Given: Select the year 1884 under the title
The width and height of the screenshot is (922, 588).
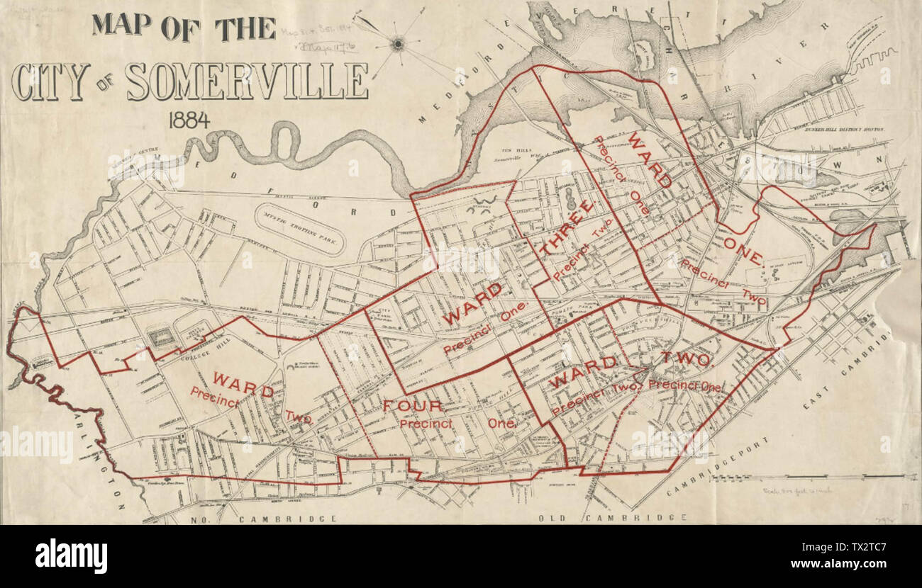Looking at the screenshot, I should [189, 120].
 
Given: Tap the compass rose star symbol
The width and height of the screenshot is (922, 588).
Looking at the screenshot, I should [398, 44].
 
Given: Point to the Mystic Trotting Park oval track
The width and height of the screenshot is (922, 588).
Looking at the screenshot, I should [299, 228].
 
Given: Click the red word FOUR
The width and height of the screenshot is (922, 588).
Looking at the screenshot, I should [413, 406].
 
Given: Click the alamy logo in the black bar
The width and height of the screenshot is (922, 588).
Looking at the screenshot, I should [71, 556].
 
